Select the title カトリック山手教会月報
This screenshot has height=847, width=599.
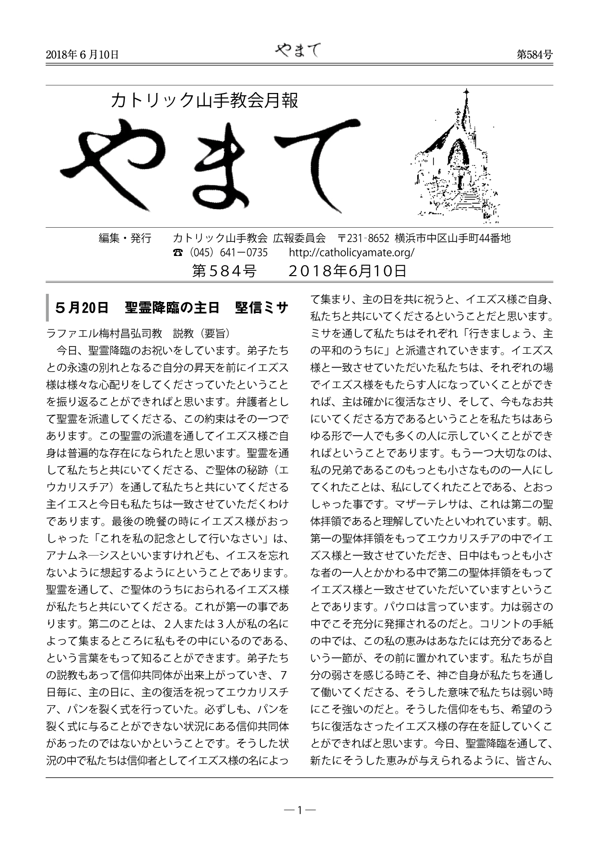(x=205, y=101)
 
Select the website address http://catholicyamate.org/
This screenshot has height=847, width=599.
(x=352, y=253)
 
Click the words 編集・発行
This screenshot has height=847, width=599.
(x=125, y=238)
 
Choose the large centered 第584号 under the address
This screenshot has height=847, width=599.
(x=224, y=271)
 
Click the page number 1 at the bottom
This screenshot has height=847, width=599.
(x=299, y=811)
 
